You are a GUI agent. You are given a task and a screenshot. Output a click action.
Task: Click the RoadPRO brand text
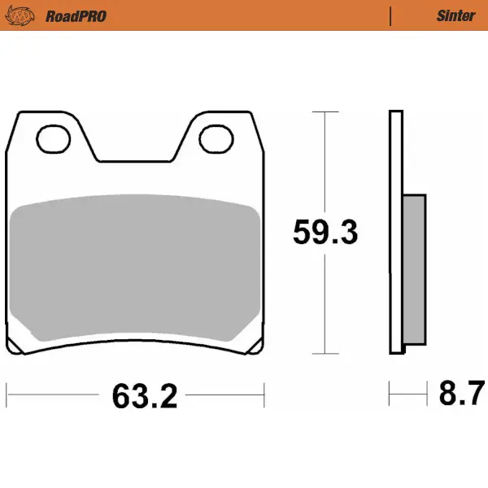coord(76,15)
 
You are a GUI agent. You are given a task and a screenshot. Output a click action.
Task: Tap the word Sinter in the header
coord(455,15)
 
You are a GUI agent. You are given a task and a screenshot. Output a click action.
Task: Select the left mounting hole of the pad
coord(54,138)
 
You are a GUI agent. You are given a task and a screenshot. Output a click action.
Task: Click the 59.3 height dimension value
coord(325,233)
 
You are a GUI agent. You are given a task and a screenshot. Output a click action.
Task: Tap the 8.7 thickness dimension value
coord(458,395)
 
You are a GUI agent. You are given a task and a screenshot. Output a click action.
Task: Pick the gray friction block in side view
coord(414,268)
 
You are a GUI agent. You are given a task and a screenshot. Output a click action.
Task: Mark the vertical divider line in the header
coord(391,15)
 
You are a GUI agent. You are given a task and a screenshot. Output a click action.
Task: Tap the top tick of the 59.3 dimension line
coord(325,111)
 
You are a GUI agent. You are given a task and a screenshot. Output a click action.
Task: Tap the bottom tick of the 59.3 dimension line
coord(325,354)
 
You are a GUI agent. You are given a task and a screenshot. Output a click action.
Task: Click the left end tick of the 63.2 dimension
coord(7,396)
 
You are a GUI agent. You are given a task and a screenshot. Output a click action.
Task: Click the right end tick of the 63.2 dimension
coord(264,396)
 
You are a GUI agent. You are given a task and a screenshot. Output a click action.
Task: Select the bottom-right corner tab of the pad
coord(258,346)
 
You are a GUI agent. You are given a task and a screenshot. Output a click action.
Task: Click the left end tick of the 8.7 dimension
coord(390,396)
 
